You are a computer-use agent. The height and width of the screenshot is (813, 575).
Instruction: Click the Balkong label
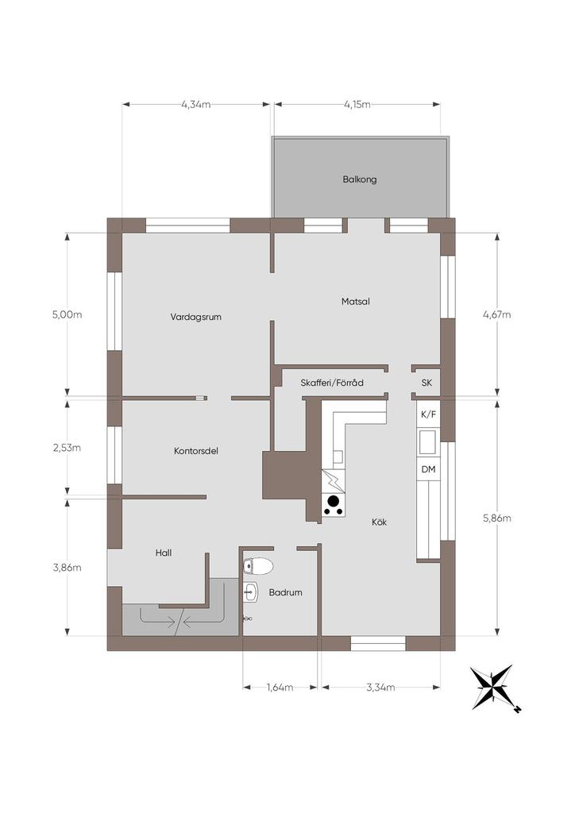[359, 179]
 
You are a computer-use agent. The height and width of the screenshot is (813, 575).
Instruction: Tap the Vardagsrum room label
[196, 317]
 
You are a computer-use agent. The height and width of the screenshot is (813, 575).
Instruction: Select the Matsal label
[356, 301]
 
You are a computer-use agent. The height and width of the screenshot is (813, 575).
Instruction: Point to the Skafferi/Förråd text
[332, 383]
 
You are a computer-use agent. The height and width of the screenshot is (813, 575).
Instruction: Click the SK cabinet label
[426, 383]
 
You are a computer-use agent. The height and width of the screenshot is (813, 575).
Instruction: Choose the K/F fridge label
[428, 414]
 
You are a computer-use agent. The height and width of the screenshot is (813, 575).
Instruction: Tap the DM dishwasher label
[428, 469]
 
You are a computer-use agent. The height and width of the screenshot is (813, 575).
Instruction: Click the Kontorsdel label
[196, 451]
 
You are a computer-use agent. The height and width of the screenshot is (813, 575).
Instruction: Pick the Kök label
[380, 522]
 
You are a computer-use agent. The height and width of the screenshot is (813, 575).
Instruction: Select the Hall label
[164, 553]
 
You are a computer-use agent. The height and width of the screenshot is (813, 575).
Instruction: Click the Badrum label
[285, 592]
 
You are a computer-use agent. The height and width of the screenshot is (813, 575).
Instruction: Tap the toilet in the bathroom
[257, 566]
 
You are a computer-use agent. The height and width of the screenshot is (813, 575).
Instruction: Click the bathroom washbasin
[251, 591]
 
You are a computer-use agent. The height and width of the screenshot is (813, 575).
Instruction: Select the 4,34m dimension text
[196, 104]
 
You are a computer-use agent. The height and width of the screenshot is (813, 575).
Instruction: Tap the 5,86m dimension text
[496, 518]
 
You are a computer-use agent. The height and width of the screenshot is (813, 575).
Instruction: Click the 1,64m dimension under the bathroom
[280, 688]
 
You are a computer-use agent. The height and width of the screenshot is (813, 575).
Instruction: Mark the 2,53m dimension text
[67, 448]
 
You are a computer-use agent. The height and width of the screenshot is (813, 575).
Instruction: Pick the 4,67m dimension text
[496, 314]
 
